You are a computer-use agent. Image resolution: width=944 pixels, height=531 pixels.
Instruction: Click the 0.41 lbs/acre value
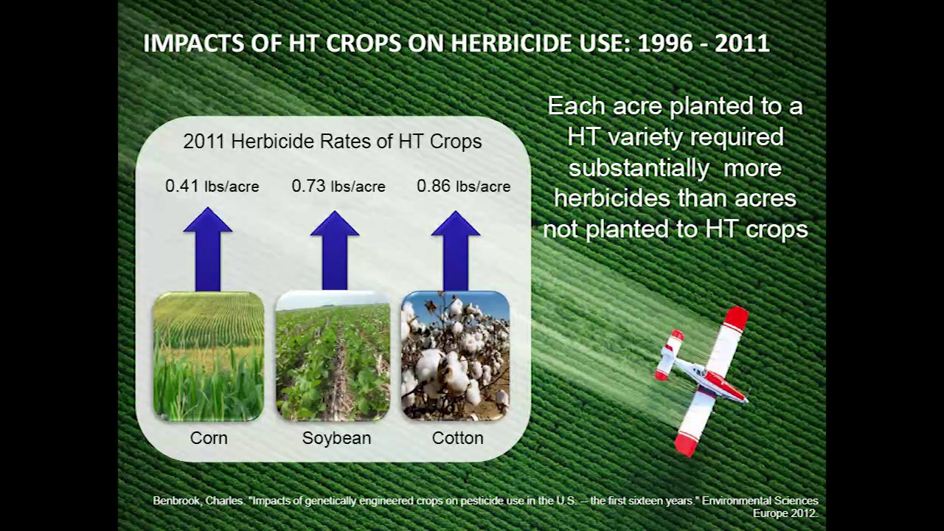coord(212,186)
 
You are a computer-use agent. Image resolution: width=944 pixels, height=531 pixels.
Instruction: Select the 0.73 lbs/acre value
coord(338,186)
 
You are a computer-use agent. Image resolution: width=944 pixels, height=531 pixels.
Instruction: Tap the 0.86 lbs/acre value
coord(463,186)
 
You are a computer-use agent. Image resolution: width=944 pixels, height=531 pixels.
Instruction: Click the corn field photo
coord(209,356)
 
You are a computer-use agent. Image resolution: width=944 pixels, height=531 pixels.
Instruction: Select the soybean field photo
coord(333,356)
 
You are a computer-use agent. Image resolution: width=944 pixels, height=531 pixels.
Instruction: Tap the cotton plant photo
coord(455,356)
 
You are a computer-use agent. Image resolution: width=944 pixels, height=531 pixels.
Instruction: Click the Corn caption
coord(209,438)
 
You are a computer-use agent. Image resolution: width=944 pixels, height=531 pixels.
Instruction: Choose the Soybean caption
coord(336,438)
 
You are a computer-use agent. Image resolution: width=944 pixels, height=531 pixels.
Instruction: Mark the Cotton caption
coord(457,438)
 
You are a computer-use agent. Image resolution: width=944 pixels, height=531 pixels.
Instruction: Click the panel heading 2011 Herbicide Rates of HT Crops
coord(332,142)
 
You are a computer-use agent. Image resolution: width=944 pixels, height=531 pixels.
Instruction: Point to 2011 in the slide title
coord(741,43)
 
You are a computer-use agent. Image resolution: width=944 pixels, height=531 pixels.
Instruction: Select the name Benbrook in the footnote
coord(176,501)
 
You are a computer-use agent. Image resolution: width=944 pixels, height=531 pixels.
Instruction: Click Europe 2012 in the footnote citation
coord(785,513)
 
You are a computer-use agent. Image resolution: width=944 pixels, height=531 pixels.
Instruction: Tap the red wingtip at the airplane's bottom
coord(686,444)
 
